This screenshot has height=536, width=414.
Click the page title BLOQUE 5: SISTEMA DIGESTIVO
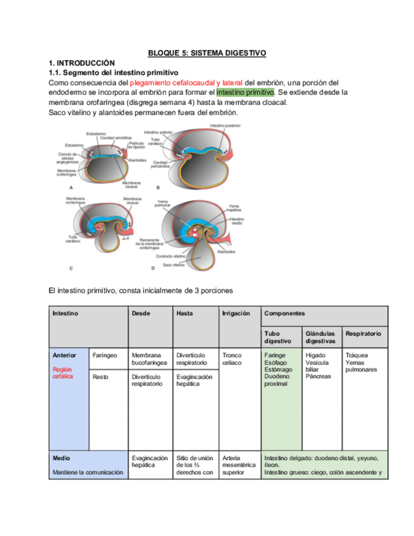(x=207, y=54)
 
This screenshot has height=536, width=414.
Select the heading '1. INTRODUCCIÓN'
(x=82, y=64)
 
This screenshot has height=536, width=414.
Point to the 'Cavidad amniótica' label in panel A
(x=114, y=138)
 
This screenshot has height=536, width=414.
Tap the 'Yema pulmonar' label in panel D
(x=165, y=204)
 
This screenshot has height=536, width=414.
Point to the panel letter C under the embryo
(x=71, y=269)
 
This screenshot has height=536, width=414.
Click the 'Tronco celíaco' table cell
(x=232, y=359)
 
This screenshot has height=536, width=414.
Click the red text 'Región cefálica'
(x=63, y=373)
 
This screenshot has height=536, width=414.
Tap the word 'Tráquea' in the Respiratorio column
(x=357, y=355)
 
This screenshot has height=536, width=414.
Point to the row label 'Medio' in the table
(x=61, y=458)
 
